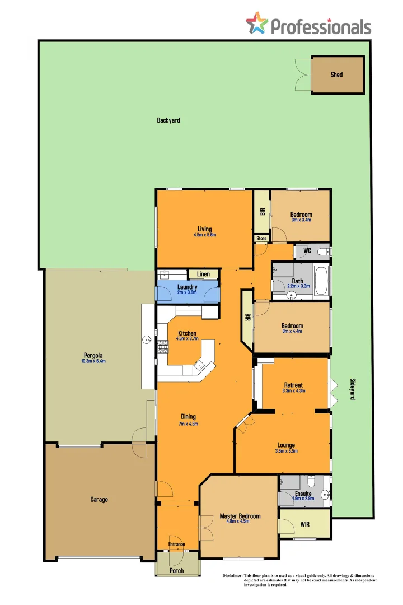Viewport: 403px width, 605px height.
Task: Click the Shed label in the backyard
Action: [x=336, y=75]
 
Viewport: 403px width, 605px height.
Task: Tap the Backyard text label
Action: [x=168, y=120]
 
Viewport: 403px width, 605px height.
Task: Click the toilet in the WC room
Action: [x=324, y=252]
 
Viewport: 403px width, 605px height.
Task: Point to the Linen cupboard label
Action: [x=203, y=274]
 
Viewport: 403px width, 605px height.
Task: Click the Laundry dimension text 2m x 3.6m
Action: [x=187, y=292]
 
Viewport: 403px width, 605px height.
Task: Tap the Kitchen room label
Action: [x=187, y=333]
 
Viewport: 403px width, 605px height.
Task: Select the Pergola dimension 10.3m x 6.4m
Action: [x=93, y=361]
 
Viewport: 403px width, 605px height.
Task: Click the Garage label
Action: [x=99, y=499]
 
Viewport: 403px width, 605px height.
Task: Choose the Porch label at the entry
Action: [x=176, y=571]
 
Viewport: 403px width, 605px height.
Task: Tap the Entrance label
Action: [x=177, y=544]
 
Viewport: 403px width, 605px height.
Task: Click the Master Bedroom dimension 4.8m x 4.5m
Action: [x=240, y=522]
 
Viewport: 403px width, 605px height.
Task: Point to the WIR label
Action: [x=305, y=525]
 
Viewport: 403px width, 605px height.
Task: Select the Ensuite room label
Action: [x=303, y=494]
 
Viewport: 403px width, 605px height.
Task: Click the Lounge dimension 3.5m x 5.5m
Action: [x=285, y=451]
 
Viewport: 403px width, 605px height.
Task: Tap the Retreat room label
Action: [x=293, y=385]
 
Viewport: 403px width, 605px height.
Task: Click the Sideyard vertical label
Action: [x=353, y=388]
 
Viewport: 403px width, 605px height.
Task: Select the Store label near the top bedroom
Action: [x=261, y=238]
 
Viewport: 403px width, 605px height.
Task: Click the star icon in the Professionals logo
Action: [x=257, y=24]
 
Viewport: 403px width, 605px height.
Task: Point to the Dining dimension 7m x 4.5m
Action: [x=188, y=424]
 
